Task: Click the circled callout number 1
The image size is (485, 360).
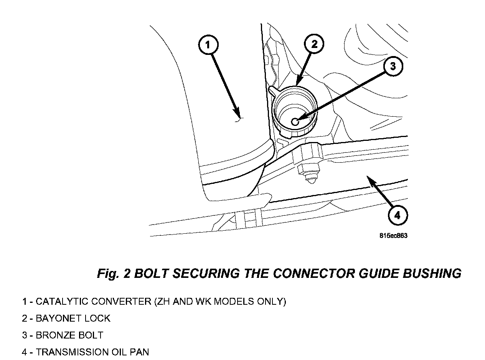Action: pyautogui.click(x=208, y=45)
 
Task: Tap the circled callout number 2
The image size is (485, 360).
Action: pyautogui.click(x=314, y=44)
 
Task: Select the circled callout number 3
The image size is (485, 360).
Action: pyautogui.click(x=393, y=66)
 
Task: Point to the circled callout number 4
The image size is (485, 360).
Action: pyautogui.click(x=398, y=215)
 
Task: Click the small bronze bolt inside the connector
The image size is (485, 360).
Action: pyautogui.click(x=295, y=122)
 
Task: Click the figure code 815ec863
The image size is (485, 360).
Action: pyautogui.click(x=393, y=236)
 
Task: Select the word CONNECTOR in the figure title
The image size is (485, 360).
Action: pyautogui.click(x=313, y=274)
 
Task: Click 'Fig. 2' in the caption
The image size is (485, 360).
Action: pyautogui.click(x=113, y=274)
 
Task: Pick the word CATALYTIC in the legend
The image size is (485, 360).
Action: pyautogui.click(x=62, y=301)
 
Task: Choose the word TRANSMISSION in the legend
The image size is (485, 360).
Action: pyautogui.click(x=72, y=352)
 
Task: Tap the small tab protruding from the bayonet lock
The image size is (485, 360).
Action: pyautogui.click(x=273, y=90)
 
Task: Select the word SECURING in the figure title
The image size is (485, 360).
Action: pyautogui.click(x=206, y=274)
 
